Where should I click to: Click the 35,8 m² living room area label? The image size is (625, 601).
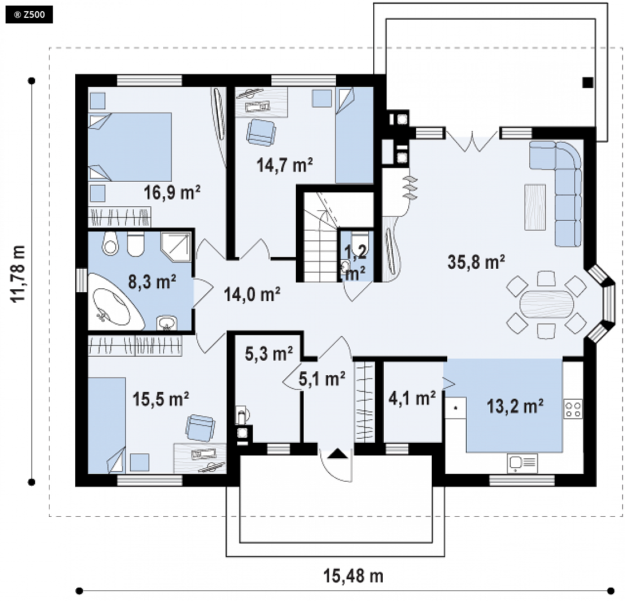pyautogui.click(x=476, y=262)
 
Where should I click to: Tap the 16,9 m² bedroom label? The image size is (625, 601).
pyautogui.click(x=172, y=193)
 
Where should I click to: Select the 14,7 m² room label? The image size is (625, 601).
pyautogui.click(x=285, y=164)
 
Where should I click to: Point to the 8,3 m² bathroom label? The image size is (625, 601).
pyautogui.click(x=152, y=282)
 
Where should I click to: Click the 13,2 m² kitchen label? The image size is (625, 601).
pyautogui.click(x=515, y=406)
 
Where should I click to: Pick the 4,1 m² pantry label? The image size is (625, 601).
pyautogui.click(x=412, y=398)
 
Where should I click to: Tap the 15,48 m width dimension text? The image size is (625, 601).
pyautogui.click(x=353, y=576)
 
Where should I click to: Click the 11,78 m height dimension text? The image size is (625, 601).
pyautogui.click(x=18, y=274)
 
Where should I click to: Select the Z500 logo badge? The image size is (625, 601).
pyautogui.click(x=29, y=15)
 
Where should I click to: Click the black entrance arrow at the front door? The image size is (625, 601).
pyautogui.click(x=338, y=453)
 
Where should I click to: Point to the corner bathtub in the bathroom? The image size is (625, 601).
pyautogui.click(x=116, y=302)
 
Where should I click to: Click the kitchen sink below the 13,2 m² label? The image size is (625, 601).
pyautogui.click(x=522, y=463)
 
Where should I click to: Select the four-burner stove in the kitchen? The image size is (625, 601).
pyautogui.click(x=573, y=409)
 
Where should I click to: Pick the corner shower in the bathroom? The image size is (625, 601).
pyautogui.click(x=176, y=248)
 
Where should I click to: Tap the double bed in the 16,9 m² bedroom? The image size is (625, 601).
pyautogui.click(x=130, y=147)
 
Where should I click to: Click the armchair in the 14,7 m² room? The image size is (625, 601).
pyautogui.click(x=261, y=133)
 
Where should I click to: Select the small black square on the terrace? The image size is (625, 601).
pyautogui.click(x=588, y=83)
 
